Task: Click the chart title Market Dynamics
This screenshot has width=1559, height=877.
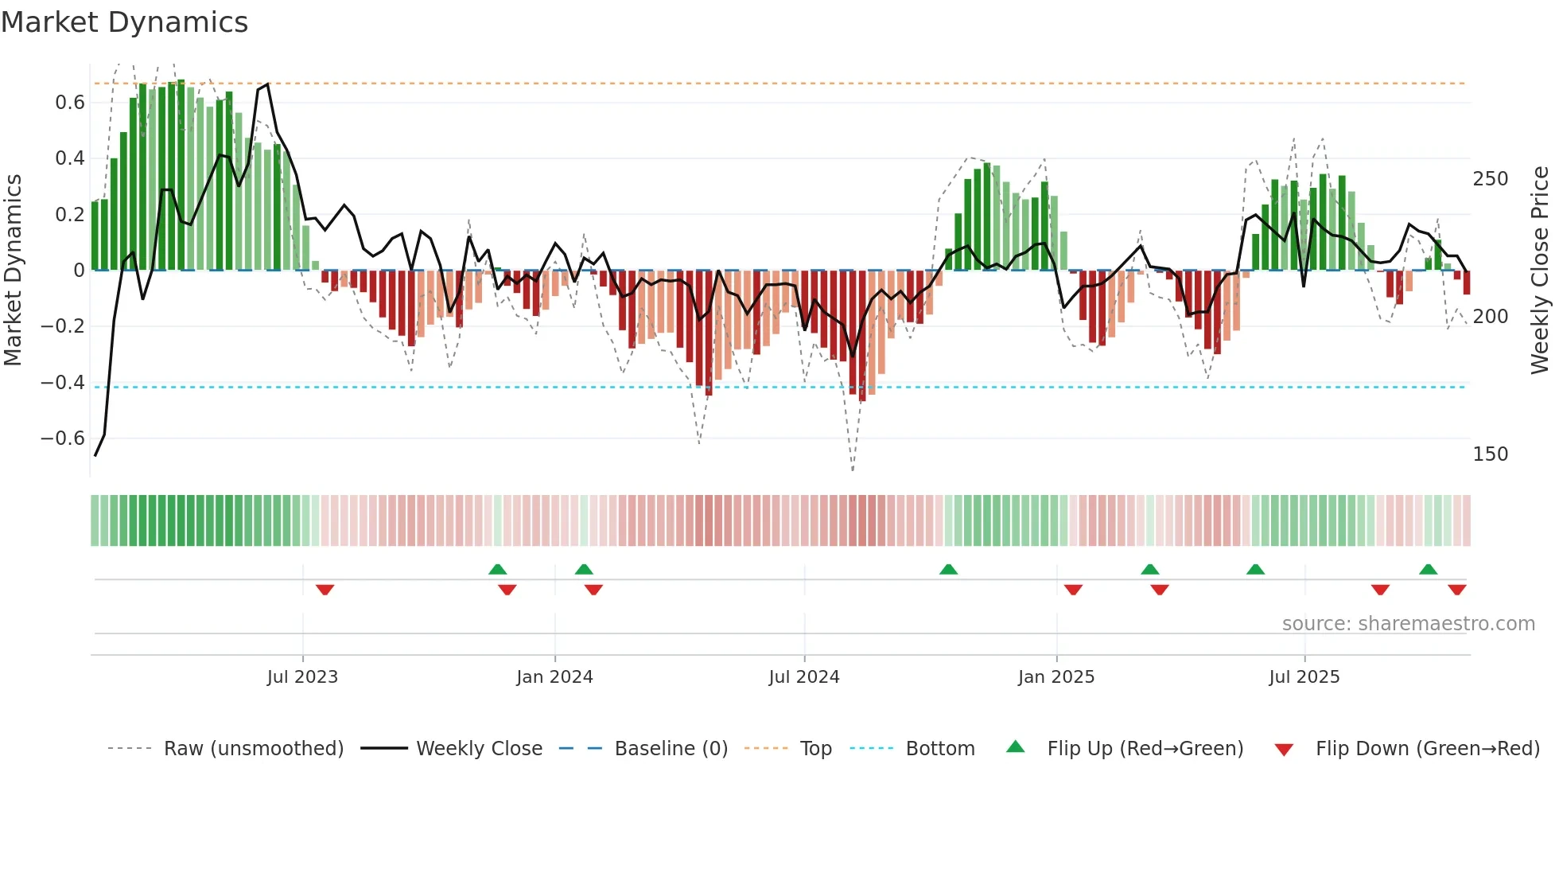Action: tap(124, 22)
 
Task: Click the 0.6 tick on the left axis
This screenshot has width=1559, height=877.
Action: tap(70, 103)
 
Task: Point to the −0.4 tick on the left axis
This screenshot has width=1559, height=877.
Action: tap(63, 383)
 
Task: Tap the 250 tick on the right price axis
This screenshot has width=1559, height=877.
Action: tap(1491, 179)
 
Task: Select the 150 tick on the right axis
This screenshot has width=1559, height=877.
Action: tap(1491, 454)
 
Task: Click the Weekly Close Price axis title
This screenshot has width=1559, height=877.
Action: tap(1540, 271)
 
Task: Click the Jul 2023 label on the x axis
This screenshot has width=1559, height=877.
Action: tap(302, 677)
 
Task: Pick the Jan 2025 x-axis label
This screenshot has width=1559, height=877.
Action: tap(1056, 677)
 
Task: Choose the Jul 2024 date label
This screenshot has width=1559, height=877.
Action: tap(804, 677)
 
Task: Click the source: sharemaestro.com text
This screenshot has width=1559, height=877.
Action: tap(1409, 624)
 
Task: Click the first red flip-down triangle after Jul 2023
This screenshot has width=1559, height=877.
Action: tap(325, 590)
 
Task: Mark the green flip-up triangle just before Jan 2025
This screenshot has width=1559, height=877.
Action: tap(948, 569)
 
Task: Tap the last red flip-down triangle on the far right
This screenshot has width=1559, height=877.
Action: tap(1457, 590)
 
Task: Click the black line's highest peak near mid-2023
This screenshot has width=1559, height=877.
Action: tap(267, 84)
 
